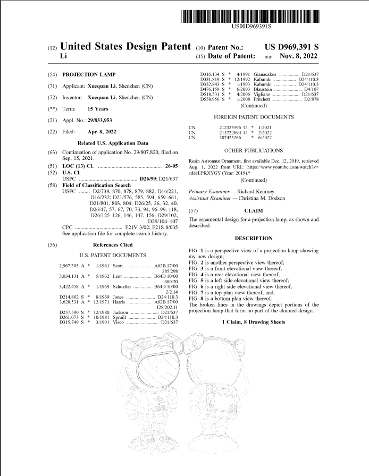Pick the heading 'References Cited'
pyautogui.click(x=113, y=245)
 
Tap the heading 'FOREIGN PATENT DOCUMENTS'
pyautogui.click(x=253, y=116)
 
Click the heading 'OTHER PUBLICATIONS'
pyautogui.click(x=253, y=151)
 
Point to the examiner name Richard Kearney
pyautogui.click(x=256, y=191)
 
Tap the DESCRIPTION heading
pyautogui.click(x=253, y=238)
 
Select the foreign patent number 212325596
pyautogui.click(x=231, y=127)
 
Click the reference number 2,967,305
pyautogui.click(x=71, y=265)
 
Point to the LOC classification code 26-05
pyautogui.click(x=171, y=166)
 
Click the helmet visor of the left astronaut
pyautogui.click(x=157, y=372)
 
